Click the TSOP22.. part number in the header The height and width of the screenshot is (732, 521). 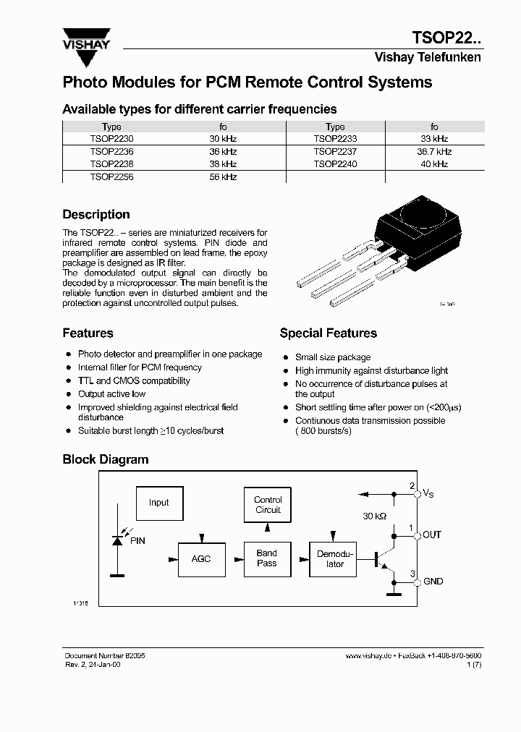(x=446, y=37)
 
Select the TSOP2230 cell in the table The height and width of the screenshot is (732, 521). (x=111, y=139)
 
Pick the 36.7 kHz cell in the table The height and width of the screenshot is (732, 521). (x=434, y=152)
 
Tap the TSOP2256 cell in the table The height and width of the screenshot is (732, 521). (x=111, y=177)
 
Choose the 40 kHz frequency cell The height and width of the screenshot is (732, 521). (x=434, y=164)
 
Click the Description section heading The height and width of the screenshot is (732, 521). (x=96, y=215)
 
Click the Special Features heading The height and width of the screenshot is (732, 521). (x=328, y=333)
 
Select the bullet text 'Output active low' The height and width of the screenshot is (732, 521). (x=111, y=394)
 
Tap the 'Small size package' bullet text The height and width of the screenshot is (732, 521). (x=332, y=357)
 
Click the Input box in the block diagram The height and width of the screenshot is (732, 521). (x=159, y=503)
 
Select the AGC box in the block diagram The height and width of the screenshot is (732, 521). (x=201, y=559)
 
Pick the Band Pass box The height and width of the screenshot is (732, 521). (x=267, y=558)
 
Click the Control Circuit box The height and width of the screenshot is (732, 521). (x=268, y=505)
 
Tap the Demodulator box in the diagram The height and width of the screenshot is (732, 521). (x=333, y=558)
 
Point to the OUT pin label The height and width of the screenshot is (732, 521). (x=432, y=535)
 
